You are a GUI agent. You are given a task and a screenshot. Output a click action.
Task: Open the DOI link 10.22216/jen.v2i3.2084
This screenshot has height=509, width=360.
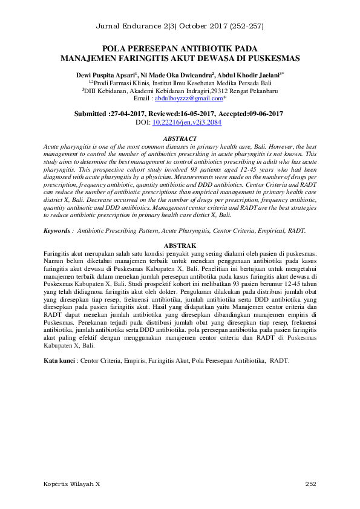click(x=187, y=122)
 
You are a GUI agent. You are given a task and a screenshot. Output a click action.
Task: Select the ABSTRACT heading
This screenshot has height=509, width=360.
click(x=180, y=139)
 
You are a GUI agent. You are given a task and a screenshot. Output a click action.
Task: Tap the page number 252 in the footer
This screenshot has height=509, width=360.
click(x=310, y=485)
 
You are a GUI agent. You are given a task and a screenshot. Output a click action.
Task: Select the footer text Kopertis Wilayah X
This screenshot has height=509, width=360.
click(x=72, y=485)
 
